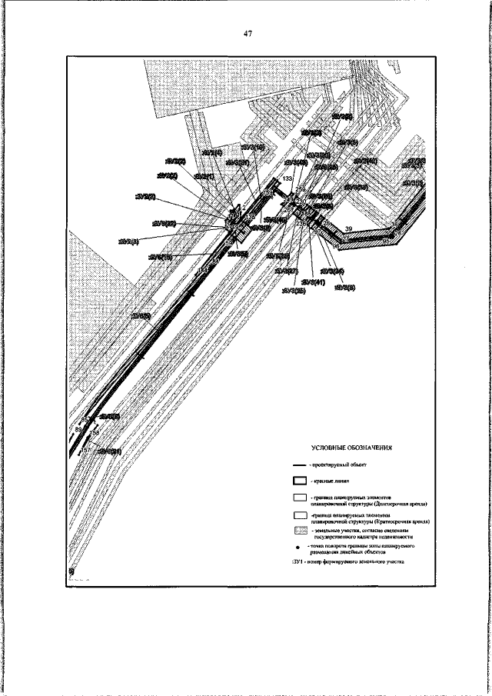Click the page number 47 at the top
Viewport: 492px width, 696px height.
tap(248, 33)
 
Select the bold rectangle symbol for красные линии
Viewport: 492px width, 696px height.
tap(301, 481)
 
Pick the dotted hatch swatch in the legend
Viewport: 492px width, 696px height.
tap(301, 531)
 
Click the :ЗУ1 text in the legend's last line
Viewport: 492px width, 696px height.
tap(298, 562)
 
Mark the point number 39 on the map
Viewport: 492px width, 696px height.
tap(348, 229)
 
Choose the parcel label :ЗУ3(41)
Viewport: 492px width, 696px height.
tap(314, 283)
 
